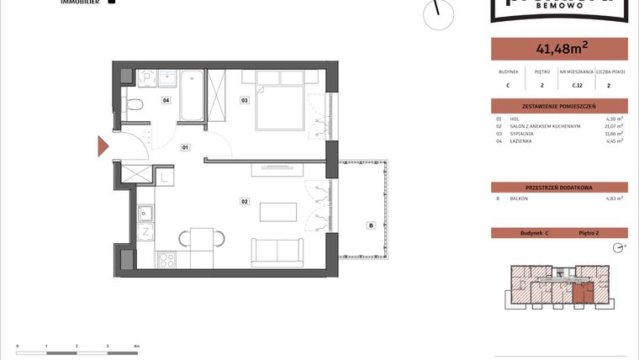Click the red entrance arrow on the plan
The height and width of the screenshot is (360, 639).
pos(103,147)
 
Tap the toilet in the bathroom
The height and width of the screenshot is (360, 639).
pos(133,104)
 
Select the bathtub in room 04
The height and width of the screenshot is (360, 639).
pos(192,95)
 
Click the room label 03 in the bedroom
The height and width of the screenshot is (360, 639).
pos(245,101)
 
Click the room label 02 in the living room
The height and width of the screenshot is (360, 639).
pos(246,201)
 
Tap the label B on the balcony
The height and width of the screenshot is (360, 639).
pos(369,225)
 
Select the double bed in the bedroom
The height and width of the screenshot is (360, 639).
pos(279,99)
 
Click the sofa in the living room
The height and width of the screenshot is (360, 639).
pos(277,251)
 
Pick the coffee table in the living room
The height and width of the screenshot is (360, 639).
pos(277,211)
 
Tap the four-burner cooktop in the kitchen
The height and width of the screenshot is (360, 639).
pos(166,261)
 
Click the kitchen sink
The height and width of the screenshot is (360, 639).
pos(144,212)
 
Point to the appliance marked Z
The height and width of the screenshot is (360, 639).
pos(145,231)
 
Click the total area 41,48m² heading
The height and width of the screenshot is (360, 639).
pos(559,49)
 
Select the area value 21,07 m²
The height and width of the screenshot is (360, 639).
pos(615,126)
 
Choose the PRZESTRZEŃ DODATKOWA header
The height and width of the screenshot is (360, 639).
pos(559,188)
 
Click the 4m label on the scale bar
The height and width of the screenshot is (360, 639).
pos(136,346)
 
